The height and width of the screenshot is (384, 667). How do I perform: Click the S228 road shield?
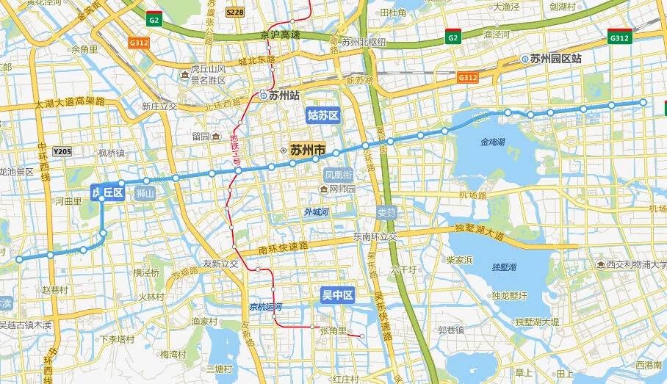[235, 12]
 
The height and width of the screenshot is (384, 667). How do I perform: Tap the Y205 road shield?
[62, 152]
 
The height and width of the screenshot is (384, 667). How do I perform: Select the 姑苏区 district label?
[322, 115]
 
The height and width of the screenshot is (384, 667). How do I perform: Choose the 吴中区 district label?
[337, 296]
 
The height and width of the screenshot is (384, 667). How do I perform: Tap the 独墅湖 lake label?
[505, 267]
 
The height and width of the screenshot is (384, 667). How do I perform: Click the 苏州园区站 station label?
[555, 58]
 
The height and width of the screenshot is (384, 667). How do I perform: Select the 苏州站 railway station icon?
[262, 95]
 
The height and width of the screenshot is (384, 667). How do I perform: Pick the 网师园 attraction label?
[342, 189]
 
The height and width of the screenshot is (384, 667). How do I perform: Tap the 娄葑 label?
[386, 212]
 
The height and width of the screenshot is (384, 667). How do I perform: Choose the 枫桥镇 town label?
[111, 153]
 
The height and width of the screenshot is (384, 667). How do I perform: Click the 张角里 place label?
[334, 331]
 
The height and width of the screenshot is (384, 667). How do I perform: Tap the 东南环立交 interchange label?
[375, 236]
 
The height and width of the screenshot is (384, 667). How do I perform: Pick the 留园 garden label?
[201, 136]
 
